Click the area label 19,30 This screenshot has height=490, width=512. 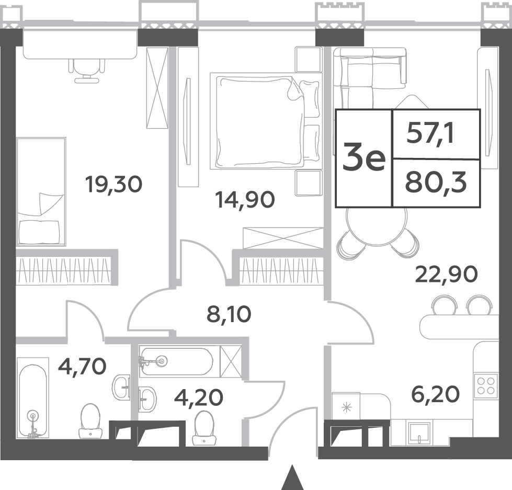pyautogui.click(x=113, y=184)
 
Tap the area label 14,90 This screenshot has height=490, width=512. pyautogui.click(x=245, y=200)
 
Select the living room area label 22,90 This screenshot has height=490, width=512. pyautogui.click(x=447, y=274)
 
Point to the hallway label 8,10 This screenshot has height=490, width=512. pyautogui.click(x=229, y=314)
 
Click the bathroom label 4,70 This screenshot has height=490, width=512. pyautogui.click(x=82, y=367)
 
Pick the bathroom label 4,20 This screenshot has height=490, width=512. pyautogui.click(x=199, y=397)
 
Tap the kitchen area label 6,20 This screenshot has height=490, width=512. pyautogui.click(x=435, y=394)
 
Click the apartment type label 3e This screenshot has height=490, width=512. pyautogui.click(x=364, y=158)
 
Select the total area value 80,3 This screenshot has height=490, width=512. pyautogui.click(x=436, y=184)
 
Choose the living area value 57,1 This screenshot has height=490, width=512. pyautogui.click(x=430, y=134)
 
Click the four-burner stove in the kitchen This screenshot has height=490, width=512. pyautogui.click(x=485, y=385)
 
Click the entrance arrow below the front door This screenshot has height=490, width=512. pyautogui.click(x=293, y=478)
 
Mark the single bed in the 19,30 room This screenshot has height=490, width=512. pyautogui.click(x=41, y=191)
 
